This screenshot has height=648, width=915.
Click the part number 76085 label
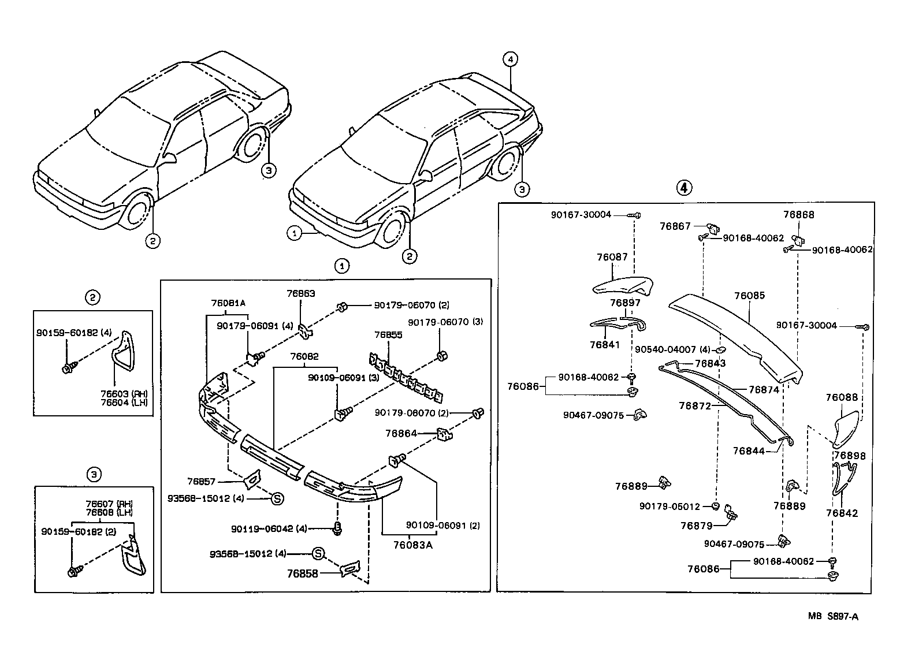coord(749,296)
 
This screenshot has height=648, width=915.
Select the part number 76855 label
coord(388,335)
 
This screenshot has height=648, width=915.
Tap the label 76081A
coord(228,303)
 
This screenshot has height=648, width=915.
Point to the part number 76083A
coord(412,544)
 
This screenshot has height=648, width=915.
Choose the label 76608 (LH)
coord(109,512)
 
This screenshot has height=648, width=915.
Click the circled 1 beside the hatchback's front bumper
coord(295,233)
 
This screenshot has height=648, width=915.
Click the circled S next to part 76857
coord(277,498)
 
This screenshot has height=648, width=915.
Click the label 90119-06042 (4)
coord(269,528)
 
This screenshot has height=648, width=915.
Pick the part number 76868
coord(798,215)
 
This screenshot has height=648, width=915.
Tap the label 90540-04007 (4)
coord(672,350)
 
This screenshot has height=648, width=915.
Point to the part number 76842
coord(842,513)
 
